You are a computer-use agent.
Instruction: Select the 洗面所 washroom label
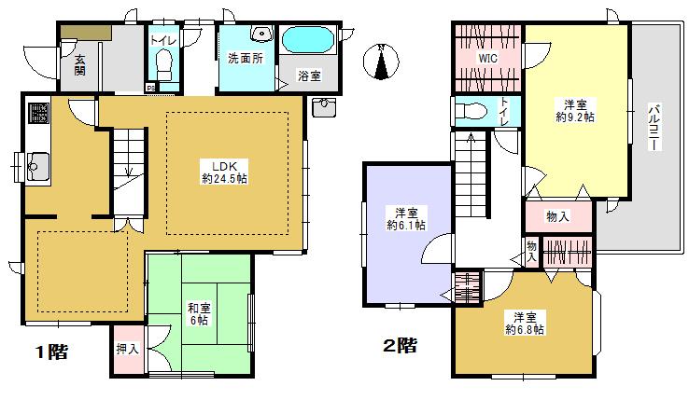coord(245,57)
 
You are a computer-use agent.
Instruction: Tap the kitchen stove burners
coord(39,114)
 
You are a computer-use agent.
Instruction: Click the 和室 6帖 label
coord(197,313)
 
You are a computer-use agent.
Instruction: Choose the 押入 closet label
coord(127,351)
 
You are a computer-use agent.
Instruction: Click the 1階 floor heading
coord(51,352)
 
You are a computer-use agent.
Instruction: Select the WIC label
coord(486,58)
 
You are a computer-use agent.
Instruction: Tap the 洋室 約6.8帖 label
coord(525,322)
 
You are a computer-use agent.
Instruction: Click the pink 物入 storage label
coord(557,216)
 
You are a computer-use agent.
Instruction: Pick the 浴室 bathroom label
coord(308,75)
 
